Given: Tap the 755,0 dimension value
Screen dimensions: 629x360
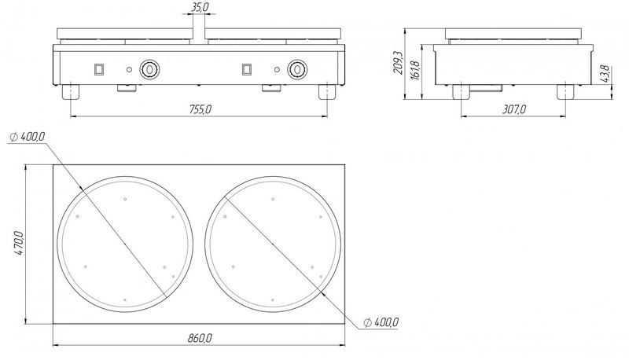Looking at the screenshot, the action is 200,109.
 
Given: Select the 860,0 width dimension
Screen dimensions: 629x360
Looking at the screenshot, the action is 200,338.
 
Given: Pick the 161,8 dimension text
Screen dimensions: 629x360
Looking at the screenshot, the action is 414,71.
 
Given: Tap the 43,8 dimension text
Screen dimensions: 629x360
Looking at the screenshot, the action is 605,74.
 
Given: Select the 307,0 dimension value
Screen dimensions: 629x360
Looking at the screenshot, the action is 514,109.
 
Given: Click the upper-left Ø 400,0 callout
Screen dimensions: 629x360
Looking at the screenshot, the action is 27,137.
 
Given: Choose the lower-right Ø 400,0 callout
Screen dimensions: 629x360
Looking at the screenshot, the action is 381,322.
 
